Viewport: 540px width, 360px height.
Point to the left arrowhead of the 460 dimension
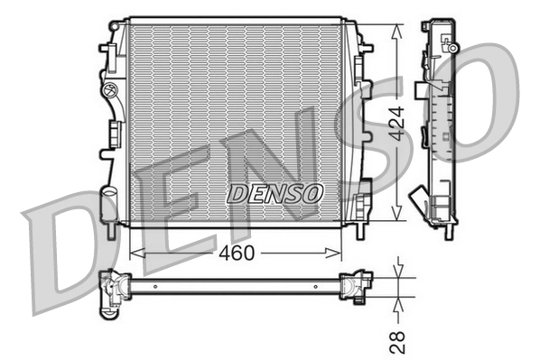(x=135, y=254)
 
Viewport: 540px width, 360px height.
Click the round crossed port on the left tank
(x=111, y=90)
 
